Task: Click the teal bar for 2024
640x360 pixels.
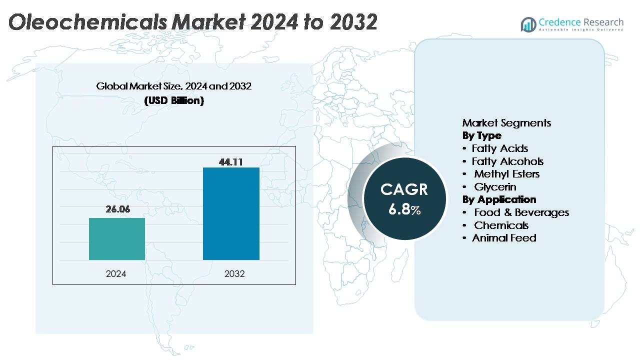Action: tap(117, 239)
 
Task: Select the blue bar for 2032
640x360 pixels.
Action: tap(231, 213)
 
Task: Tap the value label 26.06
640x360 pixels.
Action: tap(117, 209)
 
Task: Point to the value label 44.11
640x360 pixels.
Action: tap(231, 161)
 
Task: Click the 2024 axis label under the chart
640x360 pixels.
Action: tap(116, 274)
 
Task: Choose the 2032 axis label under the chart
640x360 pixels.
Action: tap(234, 274)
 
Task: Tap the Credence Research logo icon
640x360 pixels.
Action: tap(528, 24)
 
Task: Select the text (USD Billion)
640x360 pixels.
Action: tap(174, 100)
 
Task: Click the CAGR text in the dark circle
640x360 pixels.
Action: tap(404, 189)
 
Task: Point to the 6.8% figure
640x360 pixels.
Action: tap(404, 209)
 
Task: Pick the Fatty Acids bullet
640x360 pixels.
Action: tap(499, 148)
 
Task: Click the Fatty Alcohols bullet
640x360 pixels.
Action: tap(507, 161)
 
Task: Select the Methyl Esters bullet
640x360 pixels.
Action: tap(506, 174)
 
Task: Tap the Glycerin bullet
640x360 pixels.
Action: tap(495, 187)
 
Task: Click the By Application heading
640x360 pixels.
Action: tap(499, 199)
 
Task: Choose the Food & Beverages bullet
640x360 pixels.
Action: tap(521, 212)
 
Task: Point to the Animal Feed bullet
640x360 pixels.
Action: tap(503, 238)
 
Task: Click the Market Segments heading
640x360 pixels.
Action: tap(506, 123)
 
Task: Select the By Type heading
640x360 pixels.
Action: tap(481, 135)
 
